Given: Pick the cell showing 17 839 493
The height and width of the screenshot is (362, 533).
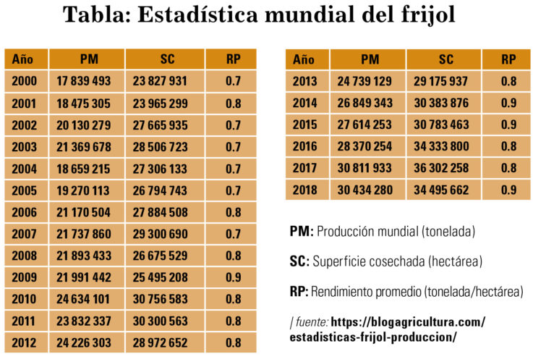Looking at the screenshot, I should pyautogui.click(x=84, y=81).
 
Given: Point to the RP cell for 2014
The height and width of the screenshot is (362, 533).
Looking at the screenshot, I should pyautogui.click(x=508, y=103).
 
